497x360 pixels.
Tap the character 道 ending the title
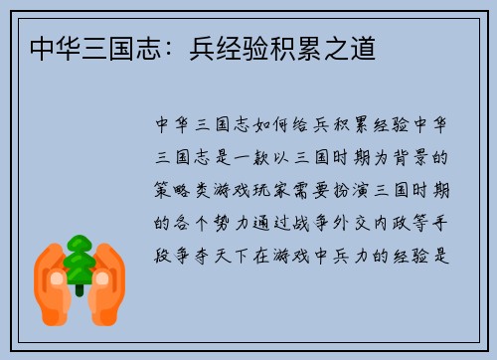(365, 48)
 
